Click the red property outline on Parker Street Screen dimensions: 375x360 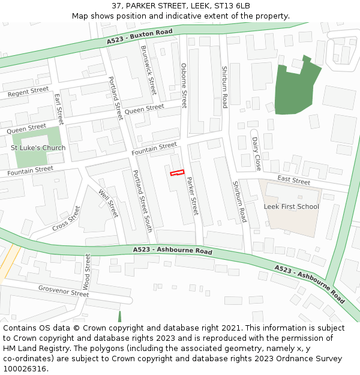(177, 173)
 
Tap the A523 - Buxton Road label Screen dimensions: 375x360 (140, 37)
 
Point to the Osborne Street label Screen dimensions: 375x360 (184, 86)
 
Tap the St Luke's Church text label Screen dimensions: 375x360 (38, 148)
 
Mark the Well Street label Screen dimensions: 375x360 (109, 203)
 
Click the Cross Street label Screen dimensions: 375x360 (66, 218)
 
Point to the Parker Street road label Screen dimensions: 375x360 (191, 196)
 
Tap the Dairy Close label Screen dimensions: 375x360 (257, 153)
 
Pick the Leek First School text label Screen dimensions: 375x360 (292, 206)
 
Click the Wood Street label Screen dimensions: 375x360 (88, 272)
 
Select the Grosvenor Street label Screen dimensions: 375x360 (64, 292)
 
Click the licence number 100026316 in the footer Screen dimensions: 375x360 (24, 369)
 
